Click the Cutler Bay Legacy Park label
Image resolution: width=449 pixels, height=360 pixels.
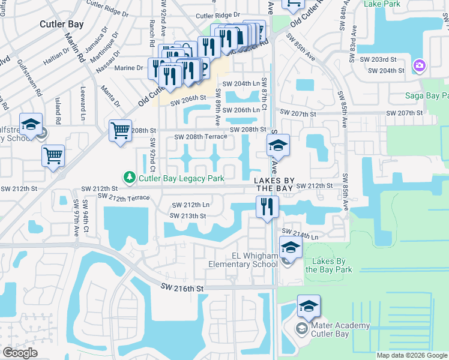click(181, 178)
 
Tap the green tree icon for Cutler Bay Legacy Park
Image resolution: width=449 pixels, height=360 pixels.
click(128, 178)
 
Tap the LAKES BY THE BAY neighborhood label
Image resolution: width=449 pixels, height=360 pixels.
click(275, 184)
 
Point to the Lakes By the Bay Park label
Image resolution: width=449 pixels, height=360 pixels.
click(329, 265)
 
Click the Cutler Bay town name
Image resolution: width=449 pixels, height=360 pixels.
click(61, 24)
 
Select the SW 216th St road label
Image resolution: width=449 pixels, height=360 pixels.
click(182, 289)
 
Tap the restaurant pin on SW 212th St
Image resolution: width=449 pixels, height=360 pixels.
click(267, 206)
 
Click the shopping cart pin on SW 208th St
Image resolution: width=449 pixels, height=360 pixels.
click(120, 129)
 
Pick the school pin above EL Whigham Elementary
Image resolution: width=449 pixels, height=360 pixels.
click(291, 247)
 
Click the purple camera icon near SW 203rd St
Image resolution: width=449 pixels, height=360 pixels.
click(419, 64)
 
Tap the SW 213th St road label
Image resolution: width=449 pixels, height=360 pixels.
click(188, 216)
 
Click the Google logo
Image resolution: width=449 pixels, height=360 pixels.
click(20, 353)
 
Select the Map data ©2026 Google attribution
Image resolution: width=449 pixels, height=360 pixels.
click(411, 355)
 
